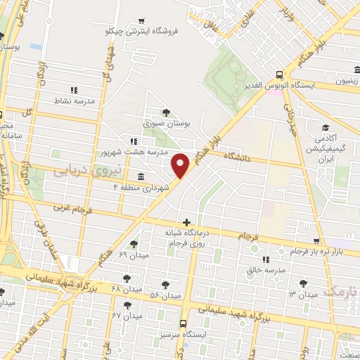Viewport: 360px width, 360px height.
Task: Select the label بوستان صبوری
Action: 167,123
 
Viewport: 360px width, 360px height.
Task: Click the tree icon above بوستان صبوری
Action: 166,112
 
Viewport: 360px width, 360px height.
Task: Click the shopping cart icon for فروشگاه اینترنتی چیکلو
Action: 141,20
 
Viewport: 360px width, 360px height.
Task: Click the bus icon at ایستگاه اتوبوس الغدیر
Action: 280,74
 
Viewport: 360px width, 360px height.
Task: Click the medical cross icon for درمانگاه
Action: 186,222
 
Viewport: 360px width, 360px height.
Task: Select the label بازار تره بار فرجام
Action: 320,251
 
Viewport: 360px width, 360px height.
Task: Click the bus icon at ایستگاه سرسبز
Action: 183,324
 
